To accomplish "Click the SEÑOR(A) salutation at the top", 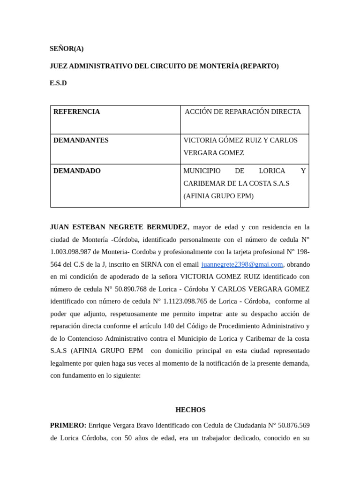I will point(67,49).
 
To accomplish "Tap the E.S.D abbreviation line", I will point(58,83).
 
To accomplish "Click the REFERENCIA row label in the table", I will point(76,112).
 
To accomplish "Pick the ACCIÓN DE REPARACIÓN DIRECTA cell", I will point(243,112).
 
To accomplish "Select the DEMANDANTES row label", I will point(81,140).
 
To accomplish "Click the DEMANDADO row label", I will point(77,171).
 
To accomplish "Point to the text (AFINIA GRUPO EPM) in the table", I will point(218,196).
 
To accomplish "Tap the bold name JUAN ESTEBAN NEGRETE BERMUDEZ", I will point(119,227).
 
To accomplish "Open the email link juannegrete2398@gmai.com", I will point(242,264).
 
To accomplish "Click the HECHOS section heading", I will point(190,410).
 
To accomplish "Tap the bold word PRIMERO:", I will point(68,425).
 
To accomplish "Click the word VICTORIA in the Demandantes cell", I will point(200,140).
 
